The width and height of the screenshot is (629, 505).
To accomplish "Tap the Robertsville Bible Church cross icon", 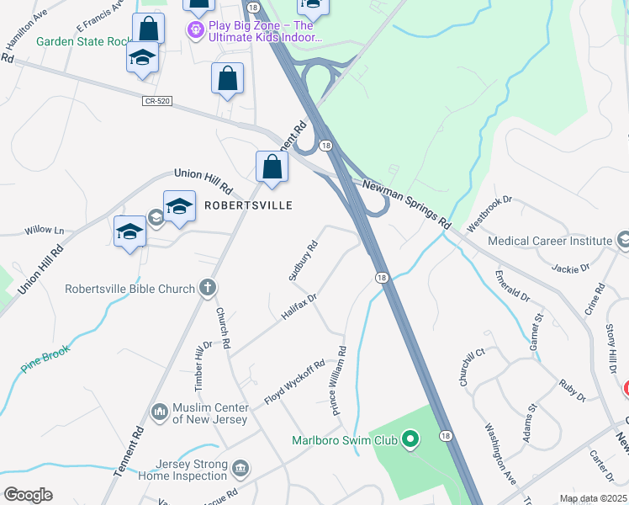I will tap(207, 289).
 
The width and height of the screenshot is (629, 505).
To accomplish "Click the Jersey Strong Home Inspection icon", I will tap(240, 467).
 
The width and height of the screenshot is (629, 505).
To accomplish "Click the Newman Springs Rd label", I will tap(406, 205).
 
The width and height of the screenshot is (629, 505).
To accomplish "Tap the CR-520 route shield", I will tap(157, 101).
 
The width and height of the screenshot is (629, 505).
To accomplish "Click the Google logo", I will tap(28, 494).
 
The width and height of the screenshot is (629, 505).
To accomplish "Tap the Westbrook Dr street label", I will tap(489, 215).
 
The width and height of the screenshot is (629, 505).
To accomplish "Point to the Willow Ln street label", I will tap(45, 230).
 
